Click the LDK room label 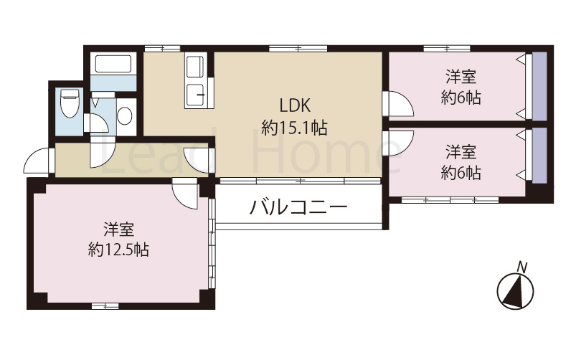coord(294,105)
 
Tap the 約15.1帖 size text coord(294,128)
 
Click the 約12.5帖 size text coord(119,250)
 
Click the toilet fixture coord(69,105)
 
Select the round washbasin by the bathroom coord(125,115)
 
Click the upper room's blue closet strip coord(539,85)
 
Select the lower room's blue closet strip coord(539,156)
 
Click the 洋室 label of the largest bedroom coord(119,230)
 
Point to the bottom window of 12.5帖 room coord(105,306)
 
